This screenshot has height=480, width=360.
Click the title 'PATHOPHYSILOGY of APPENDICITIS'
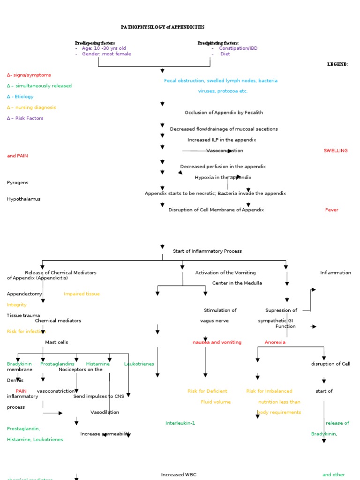[x=163, y=27]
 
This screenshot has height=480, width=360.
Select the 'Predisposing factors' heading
[x=95, y=43]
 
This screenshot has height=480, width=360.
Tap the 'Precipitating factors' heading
[x=218, y=43]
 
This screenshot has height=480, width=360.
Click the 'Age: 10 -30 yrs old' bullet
[x=104, y=48]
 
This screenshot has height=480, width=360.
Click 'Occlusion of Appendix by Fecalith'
[x=224, y=112]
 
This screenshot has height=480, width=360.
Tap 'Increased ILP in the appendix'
[x=222, y=140]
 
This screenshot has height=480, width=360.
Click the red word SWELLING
[x=336, y=150]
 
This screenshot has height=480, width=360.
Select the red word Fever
[x=331, y=210]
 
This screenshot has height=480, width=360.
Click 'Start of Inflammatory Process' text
[x=207, y=251]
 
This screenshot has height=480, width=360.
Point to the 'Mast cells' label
[x=56, y=342]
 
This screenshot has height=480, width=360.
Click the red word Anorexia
[x=275, y=342]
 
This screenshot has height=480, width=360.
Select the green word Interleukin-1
[x=180, y=423]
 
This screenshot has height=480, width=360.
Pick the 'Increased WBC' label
[x=179, y=475]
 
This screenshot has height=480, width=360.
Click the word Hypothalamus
[x=23, y=199]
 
